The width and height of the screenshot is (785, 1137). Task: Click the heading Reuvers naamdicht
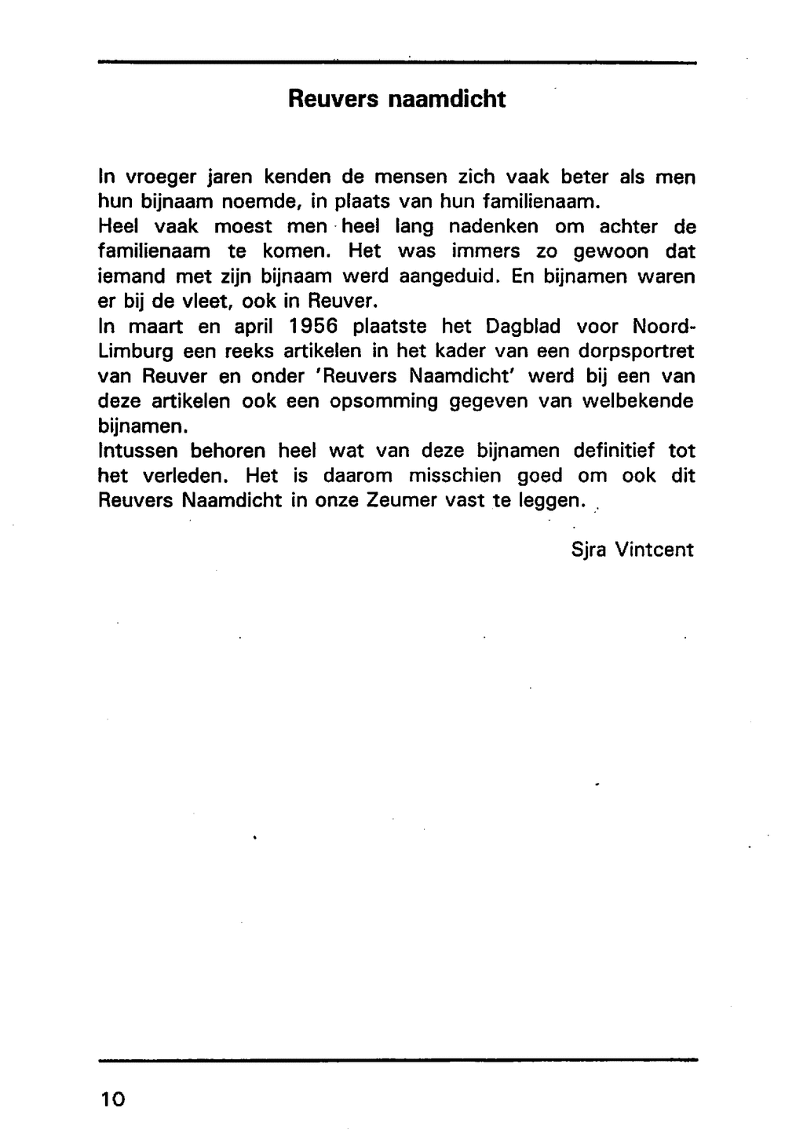[x=396, y=100]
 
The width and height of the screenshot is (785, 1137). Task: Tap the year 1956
[x=313, y=326]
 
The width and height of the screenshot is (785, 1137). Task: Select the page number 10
[x=112, y=1099]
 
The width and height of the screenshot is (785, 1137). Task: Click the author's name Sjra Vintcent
[x=633, y=550]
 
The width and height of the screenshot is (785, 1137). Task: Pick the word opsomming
[x=383, y=401]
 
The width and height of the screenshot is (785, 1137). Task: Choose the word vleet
[x=205, y=301]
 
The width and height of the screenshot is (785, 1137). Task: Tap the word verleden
[x=187, y=476]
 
